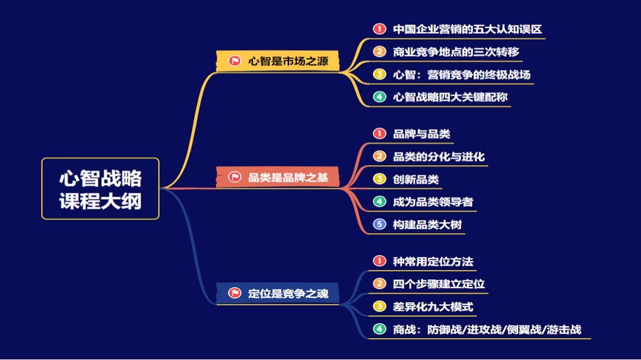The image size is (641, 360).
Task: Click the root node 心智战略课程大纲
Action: pyautogui.click(x=100, y=189)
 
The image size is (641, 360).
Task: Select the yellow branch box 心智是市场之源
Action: pyautogui.click(x=278, y=60)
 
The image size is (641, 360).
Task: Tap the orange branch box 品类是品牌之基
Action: pyautogui.click(x=278, y=177)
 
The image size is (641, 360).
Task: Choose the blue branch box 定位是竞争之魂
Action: pyautogui.click(x=278, y=294)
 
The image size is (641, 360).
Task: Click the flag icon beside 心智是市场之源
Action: pyautogui.click(x=235, y=60)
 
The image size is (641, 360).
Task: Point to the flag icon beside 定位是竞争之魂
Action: pyautogui.click(x=235, y=294)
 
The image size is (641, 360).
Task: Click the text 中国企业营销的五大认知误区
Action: pyautogui.click(x=467, y=28)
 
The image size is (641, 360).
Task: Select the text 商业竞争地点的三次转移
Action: pyautogui.click(x=456, y=52)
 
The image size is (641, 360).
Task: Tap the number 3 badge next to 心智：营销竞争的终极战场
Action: pyautogui.click(x=379, y=74)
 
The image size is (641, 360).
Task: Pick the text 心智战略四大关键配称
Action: pyautogui.click(x=450, y=97)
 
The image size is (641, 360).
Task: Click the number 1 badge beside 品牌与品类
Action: pyautogui.click(x=379, y=133)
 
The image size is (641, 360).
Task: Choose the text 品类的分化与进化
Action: pyautogui.click(x=439, y=157)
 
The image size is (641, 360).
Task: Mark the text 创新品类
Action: pyautogui.click(x=415, y=179)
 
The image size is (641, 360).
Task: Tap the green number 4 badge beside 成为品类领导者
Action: pyautogui.click(x=379, y=202)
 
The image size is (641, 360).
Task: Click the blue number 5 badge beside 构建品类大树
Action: pyautogui.click(x=379, y=224)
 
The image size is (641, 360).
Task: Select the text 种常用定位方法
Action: pyautogui.click(x=433, y=261)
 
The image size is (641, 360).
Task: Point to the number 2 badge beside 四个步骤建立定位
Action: pyautogui.click(x=379, y=283)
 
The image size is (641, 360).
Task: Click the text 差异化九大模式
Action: pyautogui.click(x=433, y=307)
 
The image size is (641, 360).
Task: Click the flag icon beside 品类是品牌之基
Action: pyautogui.click(x=235, y=177)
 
